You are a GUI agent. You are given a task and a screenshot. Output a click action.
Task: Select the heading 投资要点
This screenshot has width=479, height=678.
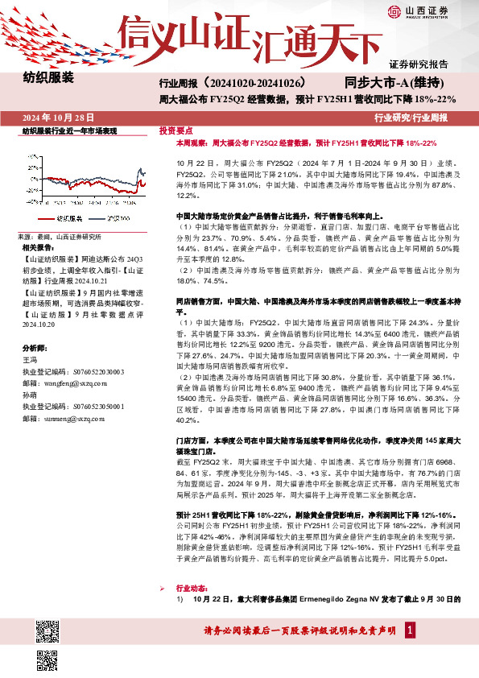point(175,130)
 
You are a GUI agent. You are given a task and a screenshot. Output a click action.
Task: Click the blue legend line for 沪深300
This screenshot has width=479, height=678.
point(97,217)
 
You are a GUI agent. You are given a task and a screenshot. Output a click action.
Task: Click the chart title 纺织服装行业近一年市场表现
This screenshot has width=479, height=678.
point(69,130)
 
